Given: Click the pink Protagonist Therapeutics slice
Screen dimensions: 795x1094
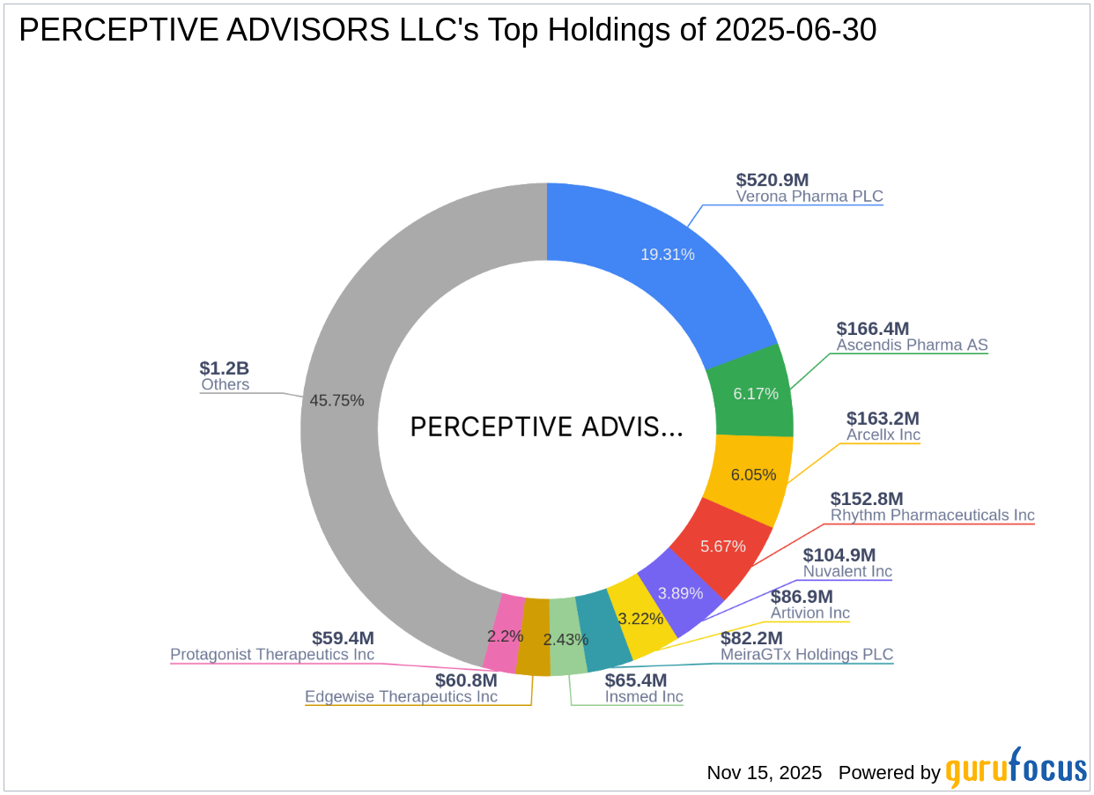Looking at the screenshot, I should click(x=501, y=633).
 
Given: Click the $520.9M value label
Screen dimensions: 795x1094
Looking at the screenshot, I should click(x=772, y=180).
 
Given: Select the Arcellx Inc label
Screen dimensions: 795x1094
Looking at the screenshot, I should click(x=883, y=435).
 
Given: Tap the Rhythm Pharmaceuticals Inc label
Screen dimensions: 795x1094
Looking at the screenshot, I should click(x=932, y=515).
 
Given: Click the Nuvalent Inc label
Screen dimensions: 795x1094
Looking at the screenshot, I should click(x=846, y=571).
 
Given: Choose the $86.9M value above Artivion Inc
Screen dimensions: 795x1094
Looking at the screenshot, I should click(x=802, y=597).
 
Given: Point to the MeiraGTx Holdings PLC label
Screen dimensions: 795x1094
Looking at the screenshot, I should click(x=806, y=654).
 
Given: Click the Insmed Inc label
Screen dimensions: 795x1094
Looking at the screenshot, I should click(x=643, y=696).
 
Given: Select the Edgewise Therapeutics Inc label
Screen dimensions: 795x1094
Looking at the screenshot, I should click(x=401, y=696).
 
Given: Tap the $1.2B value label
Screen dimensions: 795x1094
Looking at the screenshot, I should click(x=224, y=368).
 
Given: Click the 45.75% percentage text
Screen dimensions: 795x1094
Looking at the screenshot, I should click(x=336, y=400).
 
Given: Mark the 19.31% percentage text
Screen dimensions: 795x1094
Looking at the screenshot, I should click(x=667, y=255).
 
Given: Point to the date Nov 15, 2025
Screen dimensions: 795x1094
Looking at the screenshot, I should click(x=764, y=773).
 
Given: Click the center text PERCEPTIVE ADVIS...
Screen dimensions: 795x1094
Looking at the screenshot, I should click(x=546, y=427).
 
